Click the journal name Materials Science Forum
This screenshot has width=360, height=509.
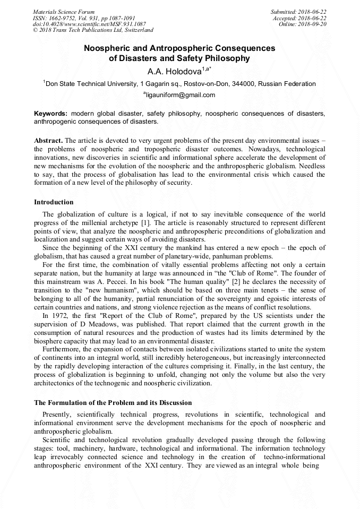coord(64,12)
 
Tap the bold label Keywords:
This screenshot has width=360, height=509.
coord(51,114)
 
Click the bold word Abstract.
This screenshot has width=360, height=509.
coord(48,140)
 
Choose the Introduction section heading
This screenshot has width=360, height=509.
coord(54,202)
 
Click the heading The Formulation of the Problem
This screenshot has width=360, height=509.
coord(113,403)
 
